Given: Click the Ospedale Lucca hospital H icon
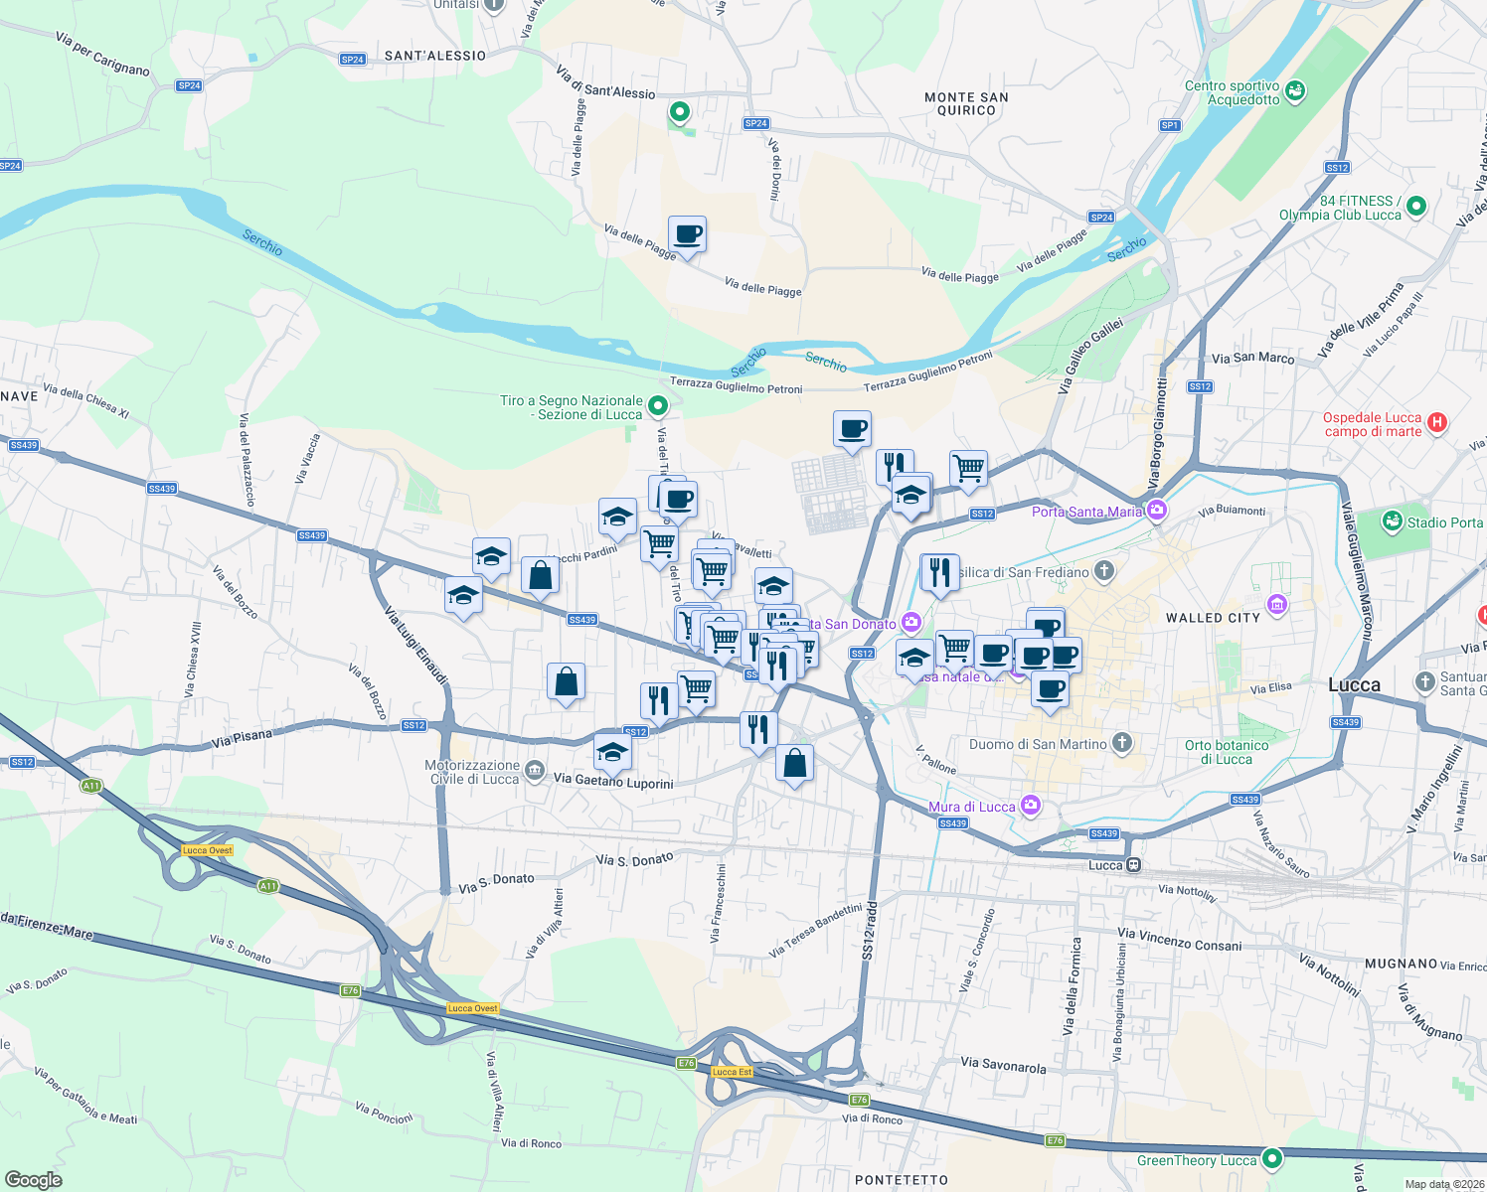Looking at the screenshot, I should tap(1436, 423).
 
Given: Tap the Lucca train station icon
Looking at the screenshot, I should tap(1133, 865).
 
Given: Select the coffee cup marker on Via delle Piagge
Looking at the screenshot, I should tap(687, 235).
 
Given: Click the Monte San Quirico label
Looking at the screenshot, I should tap(966, 104).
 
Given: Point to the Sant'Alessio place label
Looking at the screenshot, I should tap(435, 56).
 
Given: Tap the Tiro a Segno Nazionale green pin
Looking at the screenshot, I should tap(657, 405).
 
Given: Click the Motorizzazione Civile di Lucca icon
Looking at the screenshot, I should tap(535, 771).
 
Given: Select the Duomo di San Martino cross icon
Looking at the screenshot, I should tap(1122, 743).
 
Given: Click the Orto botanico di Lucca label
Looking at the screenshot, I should tap(1227, 752).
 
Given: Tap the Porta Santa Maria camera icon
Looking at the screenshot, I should tap(1156, 511).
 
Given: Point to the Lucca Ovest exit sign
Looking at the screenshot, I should tap(208, 850).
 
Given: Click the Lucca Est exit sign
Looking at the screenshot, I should tap(732, 1072).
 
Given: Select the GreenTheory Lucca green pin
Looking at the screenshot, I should tap(1271, 1159).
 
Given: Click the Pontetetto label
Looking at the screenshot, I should tap(902, 1180).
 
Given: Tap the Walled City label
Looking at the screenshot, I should tap(1213, 618).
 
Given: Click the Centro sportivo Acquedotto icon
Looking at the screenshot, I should tap(1294, 91).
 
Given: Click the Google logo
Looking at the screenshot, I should tap(33, 1180).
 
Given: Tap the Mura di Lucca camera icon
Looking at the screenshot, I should tap(1031, 806).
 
